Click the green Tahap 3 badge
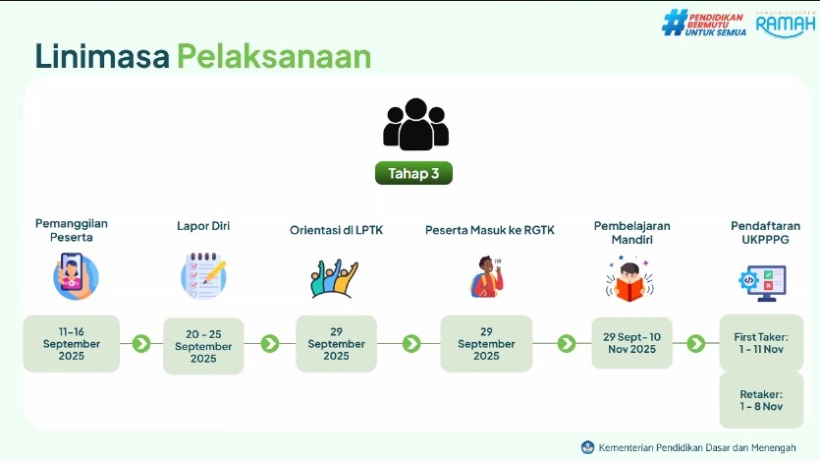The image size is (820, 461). tap(413, 173)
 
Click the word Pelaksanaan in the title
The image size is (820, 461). tap(274, 56)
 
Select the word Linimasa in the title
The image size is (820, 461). tap(102, 56)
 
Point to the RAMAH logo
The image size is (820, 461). tap(786, 25)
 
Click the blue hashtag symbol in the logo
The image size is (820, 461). tap(675, 23)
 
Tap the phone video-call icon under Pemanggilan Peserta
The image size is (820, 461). tap(76, 276)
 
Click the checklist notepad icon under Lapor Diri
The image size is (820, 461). tap(203, 276)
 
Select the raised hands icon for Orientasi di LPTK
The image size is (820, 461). tap(334, 278)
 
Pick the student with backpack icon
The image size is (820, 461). tap(487, 277)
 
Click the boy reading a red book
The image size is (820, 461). tap(629, 279)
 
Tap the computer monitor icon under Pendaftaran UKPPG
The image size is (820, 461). tap(762, 282)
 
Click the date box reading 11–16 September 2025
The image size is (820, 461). tap(71, 344)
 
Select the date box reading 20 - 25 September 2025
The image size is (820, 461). tap(203, 346)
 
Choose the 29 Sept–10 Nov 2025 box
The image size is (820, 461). tap(631, 343)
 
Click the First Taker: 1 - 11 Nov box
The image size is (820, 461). tap(761, 343)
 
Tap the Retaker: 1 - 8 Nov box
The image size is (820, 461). tap(761, 400)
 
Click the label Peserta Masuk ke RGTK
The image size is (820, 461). tap(489, 230)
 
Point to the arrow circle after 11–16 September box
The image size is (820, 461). tap(141, 344)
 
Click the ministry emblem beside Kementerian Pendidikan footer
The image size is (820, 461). tap(588, 447)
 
